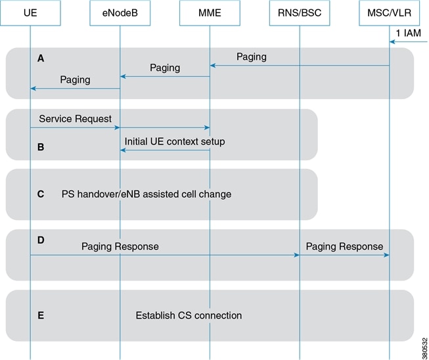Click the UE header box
point(30,13)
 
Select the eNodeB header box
point(120,13)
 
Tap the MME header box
point(210,13)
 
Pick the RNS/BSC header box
point(300,13)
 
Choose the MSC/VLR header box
point(389,13)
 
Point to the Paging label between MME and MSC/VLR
point(252,57)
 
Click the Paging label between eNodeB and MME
point(165,68)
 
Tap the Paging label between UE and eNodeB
point(75,79)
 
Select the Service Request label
point(75,119)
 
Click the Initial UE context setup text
point(175,141)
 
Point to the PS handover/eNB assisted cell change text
point(147,194)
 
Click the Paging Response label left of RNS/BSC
point(120,246)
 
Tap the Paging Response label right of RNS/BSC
point(344,246)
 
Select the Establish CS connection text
point(189,315)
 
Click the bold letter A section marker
point(41,58)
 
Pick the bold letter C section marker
point(41,194)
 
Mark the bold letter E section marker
point(41,315)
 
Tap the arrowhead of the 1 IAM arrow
point(392,42)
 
